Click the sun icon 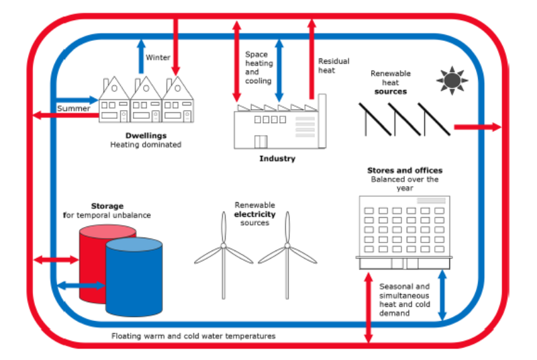pos(451,80)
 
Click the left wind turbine pos(224,252)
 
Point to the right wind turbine pos(287,252)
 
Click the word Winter pos(158,58)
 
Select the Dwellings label pos(146,135)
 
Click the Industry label pos(277,159)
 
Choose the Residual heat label pos(334,65)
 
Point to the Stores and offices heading pos(405,171)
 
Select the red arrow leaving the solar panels pos(477,126)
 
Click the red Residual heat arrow pos(311,60)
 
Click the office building pos(403,232)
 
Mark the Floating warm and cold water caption pos(193,335)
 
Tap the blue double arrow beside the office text pos(442,296)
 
